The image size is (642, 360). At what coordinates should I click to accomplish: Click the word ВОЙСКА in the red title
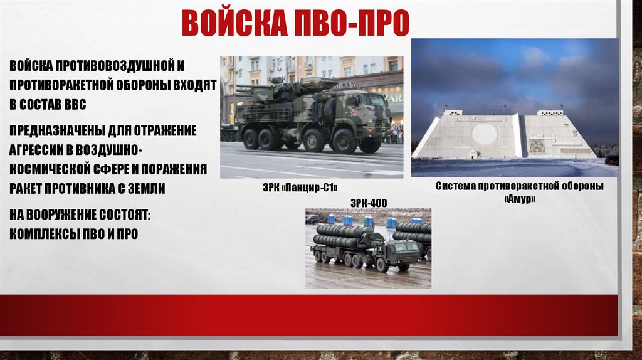coord(235,23)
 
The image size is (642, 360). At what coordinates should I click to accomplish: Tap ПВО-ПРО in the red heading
coord(351,23)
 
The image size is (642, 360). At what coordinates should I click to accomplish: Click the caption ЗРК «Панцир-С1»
coord(300,188)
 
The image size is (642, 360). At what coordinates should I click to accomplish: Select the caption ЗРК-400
coord(369,203)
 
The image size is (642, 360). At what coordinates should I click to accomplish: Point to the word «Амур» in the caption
coord(520,199)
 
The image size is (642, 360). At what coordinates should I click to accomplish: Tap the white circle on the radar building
coord(485,134)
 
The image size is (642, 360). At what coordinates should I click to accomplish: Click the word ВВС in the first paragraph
coord(75,105)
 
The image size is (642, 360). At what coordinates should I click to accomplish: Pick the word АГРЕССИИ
coord(40,150)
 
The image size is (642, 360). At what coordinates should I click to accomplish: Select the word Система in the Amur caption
coord(455,186)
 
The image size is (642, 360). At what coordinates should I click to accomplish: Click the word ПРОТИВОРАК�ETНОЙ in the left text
coord(61,85)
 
